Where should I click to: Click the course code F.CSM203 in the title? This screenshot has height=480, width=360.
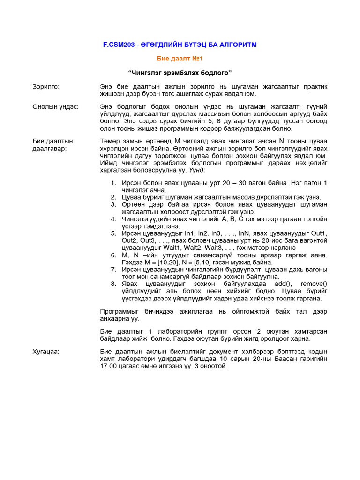pyautogui.click(x=119, y=45)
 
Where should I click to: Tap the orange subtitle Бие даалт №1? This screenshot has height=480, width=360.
pyautogui.click(x=180, y=59)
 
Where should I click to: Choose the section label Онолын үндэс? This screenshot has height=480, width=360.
pyautogui.click(x=55, y=106)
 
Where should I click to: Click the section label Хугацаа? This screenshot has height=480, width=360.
pyautogui.click(x=46, y=352)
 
